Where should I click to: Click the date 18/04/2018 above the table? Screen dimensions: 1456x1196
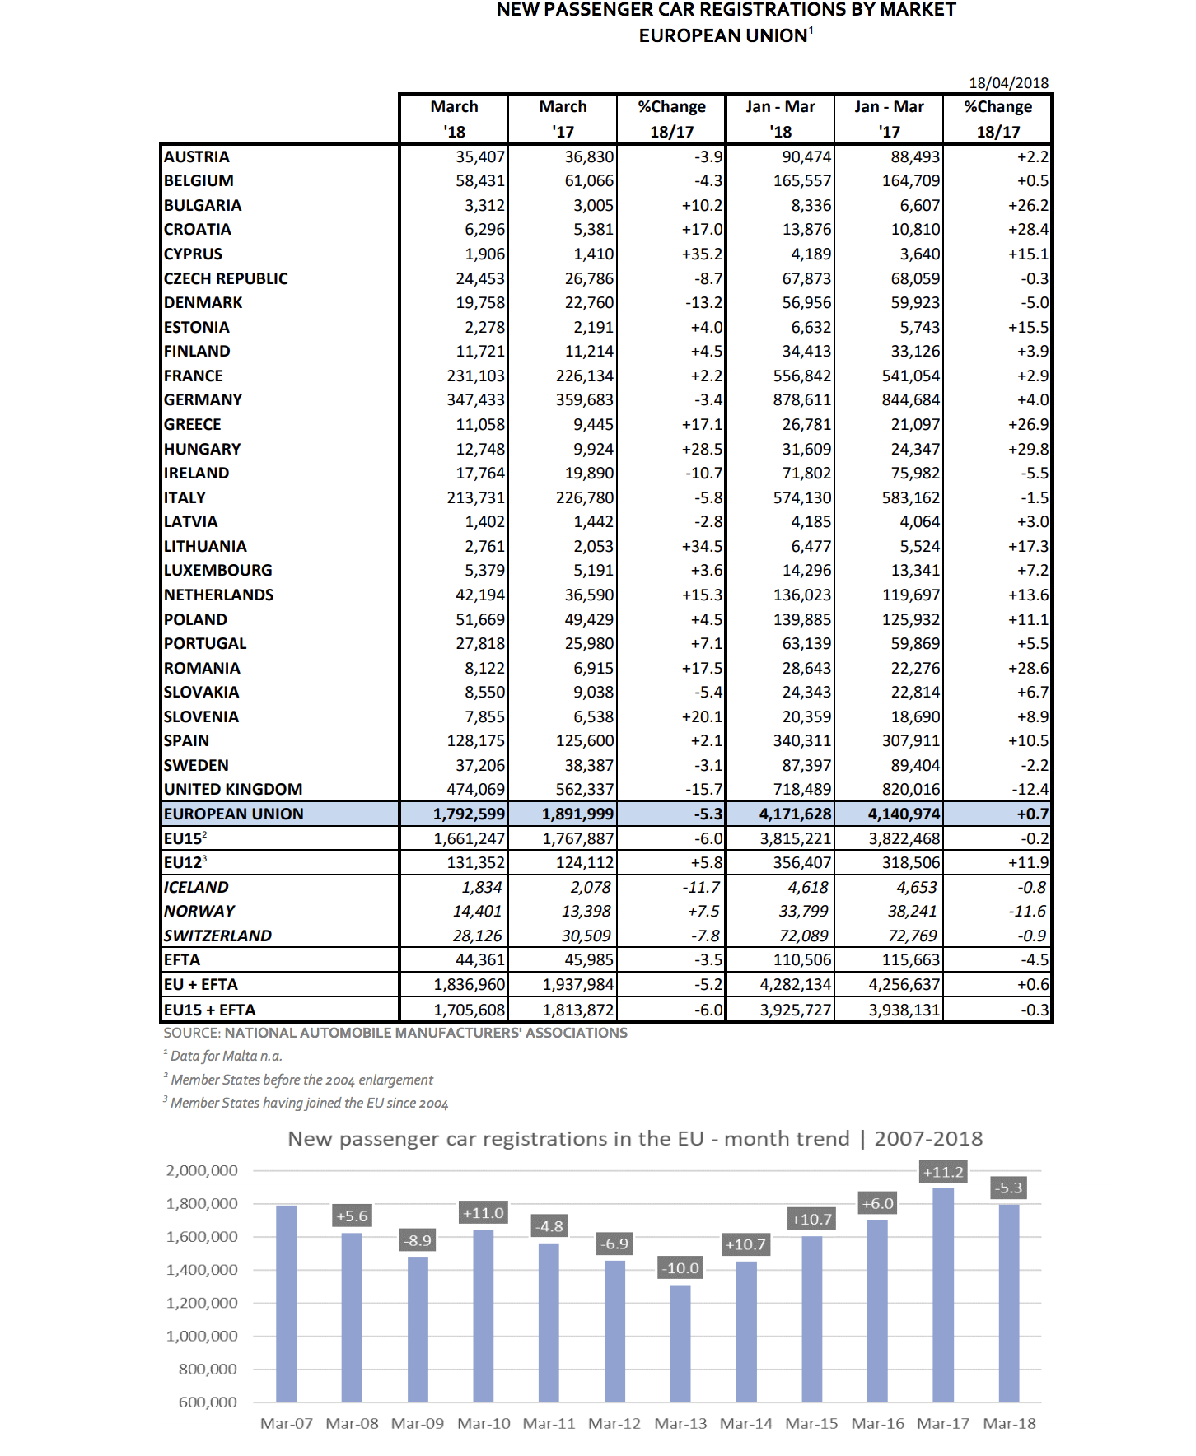click(x=1008, y=83)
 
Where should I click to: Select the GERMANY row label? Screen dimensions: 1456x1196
click(x=203, y=400)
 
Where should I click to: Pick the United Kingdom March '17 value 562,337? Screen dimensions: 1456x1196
click(x=584, y=790)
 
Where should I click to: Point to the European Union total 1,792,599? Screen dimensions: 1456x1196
click(x=469, y=814)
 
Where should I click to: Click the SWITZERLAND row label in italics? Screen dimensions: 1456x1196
click(x=217, y=936)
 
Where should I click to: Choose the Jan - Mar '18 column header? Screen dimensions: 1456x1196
click(x=780, y=119)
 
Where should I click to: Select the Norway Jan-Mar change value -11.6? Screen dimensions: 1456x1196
click(x=1029, y=912)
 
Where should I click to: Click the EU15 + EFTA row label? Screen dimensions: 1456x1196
click(x=209, y=1010)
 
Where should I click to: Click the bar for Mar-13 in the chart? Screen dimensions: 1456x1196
click(x=680, y=1342)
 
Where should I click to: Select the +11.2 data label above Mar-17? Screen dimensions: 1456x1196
click(x=943, y=1172)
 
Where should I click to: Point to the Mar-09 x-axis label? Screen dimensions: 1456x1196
click(x=418, y=1424)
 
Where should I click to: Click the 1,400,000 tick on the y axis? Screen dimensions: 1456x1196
click(x=202, y=1270)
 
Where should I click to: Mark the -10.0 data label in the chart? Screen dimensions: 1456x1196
click(x=680, y=1268)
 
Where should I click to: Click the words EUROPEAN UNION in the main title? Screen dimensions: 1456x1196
click(x=722, y=36)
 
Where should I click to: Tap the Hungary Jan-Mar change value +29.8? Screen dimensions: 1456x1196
click(x=1028, y=450)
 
